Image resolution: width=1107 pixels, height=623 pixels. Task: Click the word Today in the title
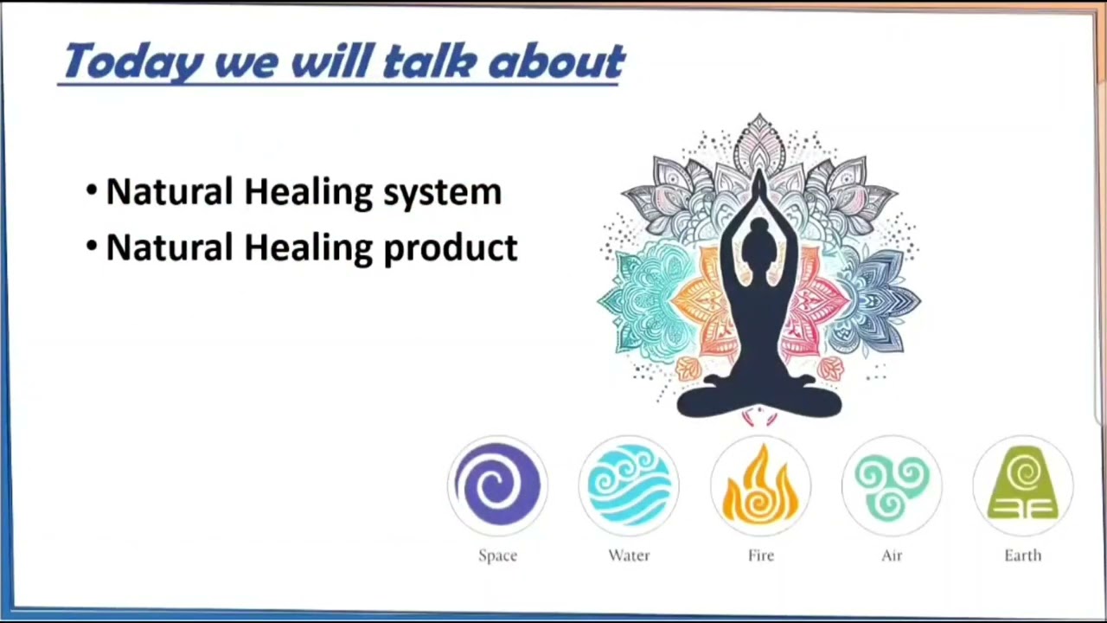[x=134, y=61]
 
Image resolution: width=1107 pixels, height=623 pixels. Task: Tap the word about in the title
[x=557, y=61]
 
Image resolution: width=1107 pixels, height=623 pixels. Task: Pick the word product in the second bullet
[x=451, y=247]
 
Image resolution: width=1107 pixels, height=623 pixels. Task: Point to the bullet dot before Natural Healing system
[x=92, y=189]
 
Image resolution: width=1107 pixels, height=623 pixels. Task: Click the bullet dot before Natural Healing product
[x=92, y=245]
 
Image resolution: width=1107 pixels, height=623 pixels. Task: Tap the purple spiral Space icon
[x=497, y=485]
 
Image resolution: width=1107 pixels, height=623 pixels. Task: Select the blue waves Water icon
[x=629, y=485]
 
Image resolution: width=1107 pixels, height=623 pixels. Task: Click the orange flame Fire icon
[x=760, y=485]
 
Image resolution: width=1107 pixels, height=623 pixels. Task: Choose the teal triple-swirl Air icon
[x=892, y=485]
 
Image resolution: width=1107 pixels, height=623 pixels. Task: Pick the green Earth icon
[x=1023, y=485]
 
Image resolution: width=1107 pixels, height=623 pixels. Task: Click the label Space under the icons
[x=497, y=556]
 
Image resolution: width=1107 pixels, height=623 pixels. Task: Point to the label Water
[x=629, y=556]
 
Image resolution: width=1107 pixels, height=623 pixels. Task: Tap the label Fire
[x=761, y=556]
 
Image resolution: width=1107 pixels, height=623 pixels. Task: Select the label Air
[x=892, y=556]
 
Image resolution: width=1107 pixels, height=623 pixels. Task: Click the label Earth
[x=1023, y=556]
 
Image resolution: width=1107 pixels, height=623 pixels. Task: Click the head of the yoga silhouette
[x=758, y=242]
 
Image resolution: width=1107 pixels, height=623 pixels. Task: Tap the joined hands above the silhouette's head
[x=759, y=185]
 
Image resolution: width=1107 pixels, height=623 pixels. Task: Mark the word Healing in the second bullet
[x=309, y=248]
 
